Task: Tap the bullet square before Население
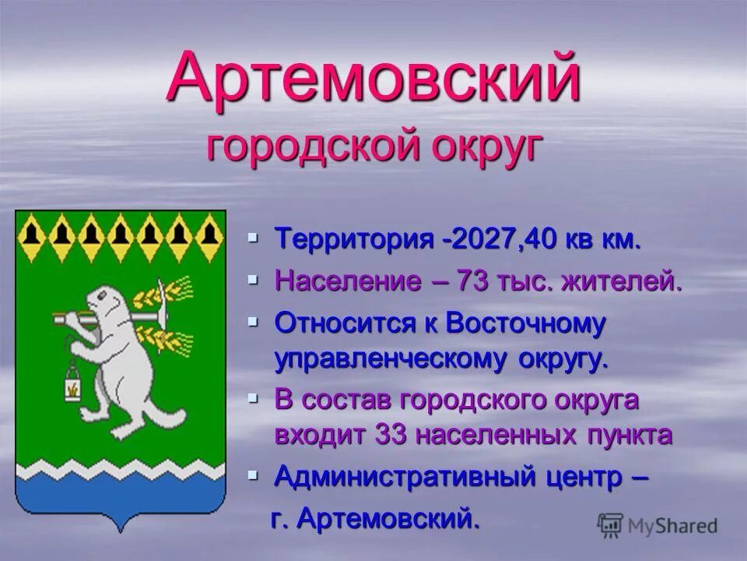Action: click(253, 279)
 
